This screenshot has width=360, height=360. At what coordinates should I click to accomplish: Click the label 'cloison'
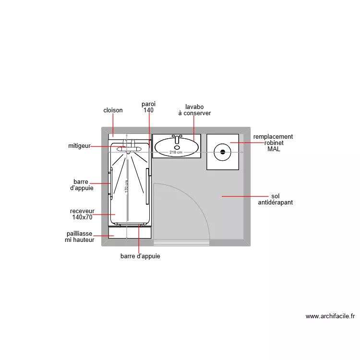tap(113, 110)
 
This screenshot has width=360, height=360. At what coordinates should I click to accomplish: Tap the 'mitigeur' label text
tap(79, 146)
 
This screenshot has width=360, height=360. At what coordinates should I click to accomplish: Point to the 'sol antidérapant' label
tap(275, 200)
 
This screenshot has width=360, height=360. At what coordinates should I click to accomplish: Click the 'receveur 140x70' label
tap(82, 214)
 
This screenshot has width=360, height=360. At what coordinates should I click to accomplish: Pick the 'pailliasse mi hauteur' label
tap(80, 237)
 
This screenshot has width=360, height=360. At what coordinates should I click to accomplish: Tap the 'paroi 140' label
tap(148, 107)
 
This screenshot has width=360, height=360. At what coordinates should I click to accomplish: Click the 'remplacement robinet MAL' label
tap(273, 143)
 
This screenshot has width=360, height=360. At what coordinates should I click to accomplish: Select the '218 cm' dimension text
tap(176, 153)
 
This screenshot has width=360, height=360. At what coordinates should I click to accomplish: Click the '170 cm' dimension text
tap(127, 186)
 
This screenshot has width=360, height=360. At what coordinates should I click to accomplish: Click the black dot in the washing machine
tap(223, 152)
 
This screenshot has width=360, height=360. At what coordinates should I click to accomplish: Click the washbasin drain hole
tap(177, 147)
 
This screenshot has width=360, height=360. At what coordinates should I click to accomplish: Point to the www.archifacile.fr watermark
tap(330, 316)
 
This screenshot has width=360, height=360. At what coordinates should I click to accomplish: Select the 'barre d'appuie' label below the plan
tap(140, 256)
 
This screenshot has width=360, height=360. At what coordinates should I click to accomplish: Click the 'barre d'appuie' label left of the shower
tap(81, 185)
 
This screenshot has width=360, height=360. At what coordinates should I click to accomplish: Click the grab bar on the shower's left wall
tap(111, 183)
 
